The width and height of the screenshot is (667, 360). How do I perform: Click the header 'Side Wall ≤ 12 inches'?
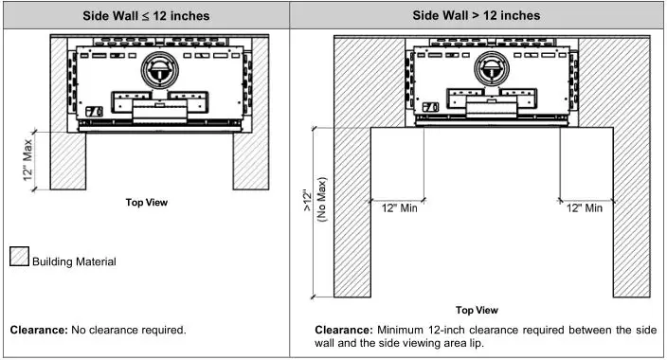coord(145,15)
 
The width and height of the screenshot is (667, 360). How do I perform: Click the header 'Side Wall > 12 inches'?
coord(477,15)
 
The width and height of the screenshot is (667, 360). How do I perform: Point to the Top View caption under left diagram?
coord(146,202)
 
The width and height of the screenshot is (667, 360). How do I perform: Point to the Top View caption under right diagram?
coord(476,310)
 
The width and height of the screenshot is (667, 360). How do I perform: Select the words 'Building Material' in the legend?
coord(74,262)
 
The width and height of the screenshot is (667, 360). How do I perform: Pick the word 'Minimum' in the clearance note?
coord(400,330)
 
